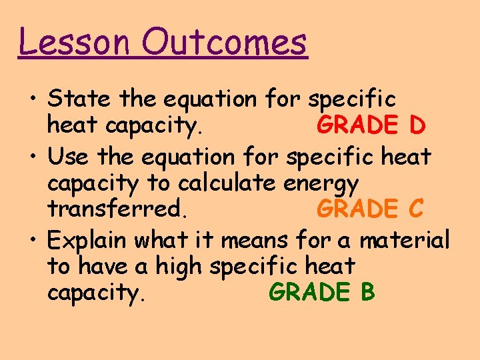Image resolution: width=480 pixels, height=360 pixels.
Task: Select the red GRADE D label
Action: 371,125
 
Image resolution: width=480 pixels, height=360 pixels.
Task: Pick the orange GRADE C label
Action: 370,209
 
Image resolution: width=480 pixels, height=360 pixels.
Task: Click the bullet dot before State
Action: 32,100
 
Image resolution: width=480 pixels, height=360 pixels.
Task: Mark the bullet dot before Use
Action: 32,157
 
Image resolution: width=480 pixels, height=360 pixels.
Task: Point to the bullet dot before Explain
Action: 32,240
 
